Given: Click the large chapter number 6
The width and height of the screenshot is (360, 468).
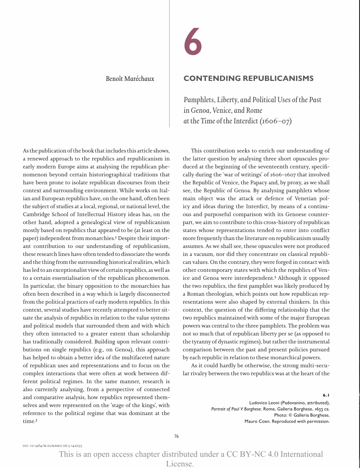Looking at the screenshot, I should (x=193, y=42).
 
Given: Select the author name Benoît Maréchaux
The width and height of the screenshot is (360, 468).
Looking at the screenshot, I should (x=130, y=79).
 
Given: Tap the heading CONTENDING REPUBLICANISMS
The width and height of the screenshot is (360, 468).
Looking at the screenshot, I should (x=248, y=79).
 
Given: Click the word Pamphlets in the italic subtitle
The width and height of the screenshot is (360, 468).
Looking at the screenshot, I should (x=199, y=100).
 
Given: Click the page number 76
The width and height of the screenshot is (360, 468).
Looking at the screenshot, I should (x=176, y=436).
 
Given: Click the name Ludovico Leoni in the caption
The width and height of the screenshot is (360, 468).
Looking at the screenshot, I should (x=265, y=403).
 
